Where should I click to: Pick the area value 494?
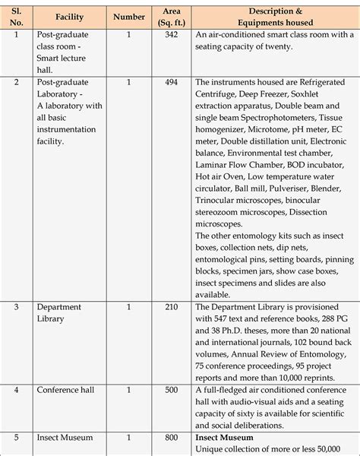point(171,82)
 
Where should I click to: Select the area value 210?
point(171,306)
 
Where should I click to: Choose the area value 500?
point(171,391)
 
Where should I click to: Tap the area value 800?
point(171,439)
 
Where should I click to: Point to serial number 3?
point(17,306)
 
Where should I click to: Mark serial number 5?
point(17,439)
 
